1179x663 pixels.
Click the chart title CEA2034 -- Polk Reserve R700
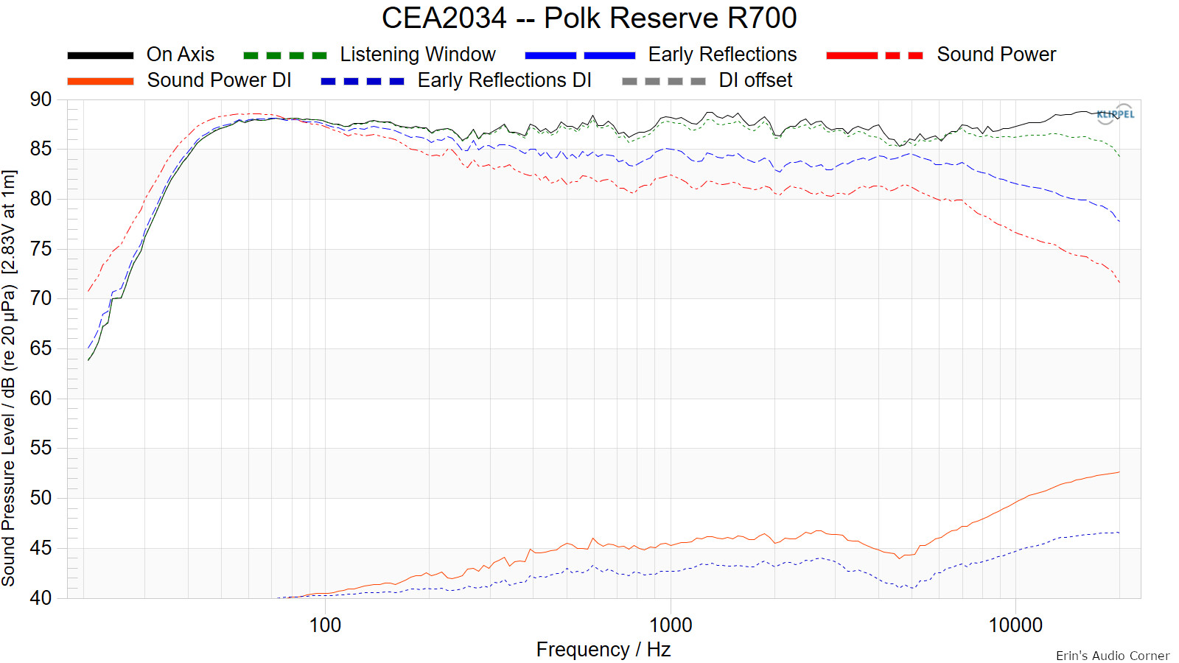tap(589, 18)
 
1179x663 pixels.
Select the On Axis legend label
tap(181, 55)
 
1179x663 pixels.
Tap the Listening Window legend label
tap(418, 55)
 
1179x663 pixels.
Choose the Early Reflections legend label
tap(722, 55)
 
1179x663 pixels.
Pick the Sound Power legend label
tap(996, 55)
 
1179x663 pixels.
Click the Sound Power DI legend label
tap(219, 80)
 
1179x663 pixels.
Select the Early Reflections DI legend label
tap(504, 80)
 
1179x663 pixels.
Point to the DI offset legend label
tap(755, 80)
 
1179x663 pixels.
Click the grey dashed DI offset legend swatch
tap(663, 81)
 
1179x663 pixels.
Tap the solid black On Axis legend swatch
tap(100, 55)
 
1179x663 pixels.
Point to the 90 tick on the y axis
tap(41, 99)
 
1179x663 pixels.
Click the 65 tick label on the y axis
tap(41, 348)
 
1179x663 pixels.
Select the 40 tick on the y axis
tap(41, 597)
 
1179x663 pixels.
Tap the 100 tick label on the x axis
tap(325, 625)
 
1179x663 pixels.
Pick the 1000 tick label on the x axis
tap(671, 625)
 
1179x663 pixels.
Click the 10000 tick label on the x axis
tap(1015, 625)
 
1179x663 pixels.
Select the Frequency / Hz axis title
tap(603, 650)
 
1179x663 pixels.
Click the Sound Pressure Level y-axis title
tap(9, 378)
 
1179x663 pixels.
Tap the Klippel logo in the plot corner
tap(1116, 114)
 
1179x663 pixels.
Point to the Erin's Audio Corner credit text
tap(1112, 656)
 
